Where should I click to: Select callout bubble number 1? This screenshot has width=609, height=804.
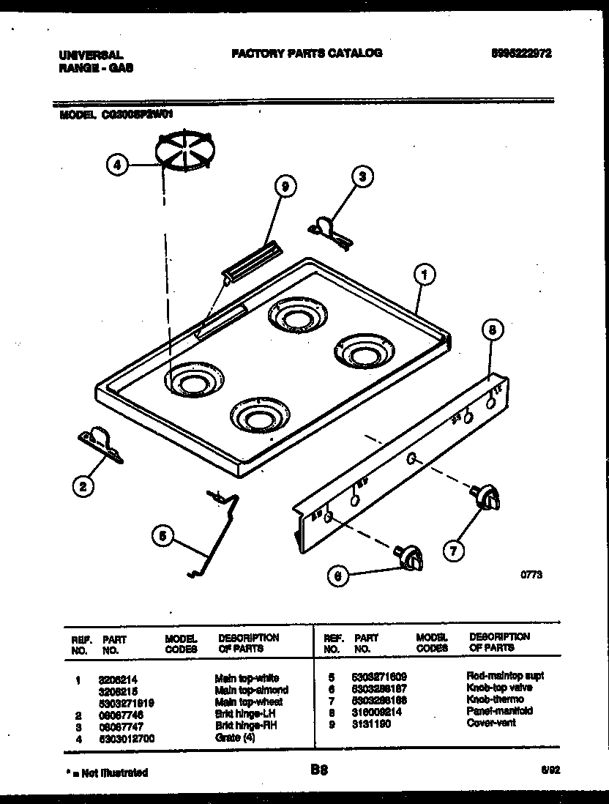click(422, 275)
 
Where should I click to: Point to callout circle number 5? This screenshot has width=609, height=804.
click(165, 537)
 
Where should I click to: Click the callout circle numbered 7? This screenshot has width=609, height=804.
click(455, 549)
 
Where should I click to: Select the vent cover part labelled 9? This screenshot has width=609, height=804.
click(251, 261)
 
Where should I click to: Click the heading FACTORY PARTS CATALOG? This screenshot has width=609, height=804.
click(306, 53)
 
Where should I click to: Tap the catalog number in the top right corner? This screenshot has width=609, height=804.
click(521, 53)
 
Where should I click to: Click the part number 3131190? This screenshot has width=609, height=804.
click(371, 723)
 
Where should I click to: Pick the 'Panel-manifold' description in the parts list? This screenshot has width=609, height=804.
click(499, 711)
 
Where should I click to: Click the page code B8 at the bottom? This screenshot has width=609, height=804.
click(318, 770)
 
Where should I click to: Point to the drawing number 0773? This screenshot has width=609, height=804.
click(531, 576)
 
